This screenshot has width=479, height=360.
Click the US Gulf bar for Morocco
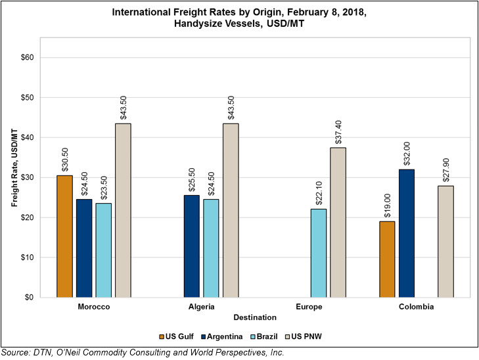(64, 236)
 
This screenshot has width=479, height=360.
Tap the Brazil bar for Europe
(318, 253)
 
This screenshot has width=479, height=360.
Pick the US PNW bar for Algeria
(231, 210)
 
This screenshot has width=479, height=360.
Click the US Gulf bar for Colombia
(388, 259)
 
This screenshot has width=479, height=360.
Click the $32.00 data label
(407, 152)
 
